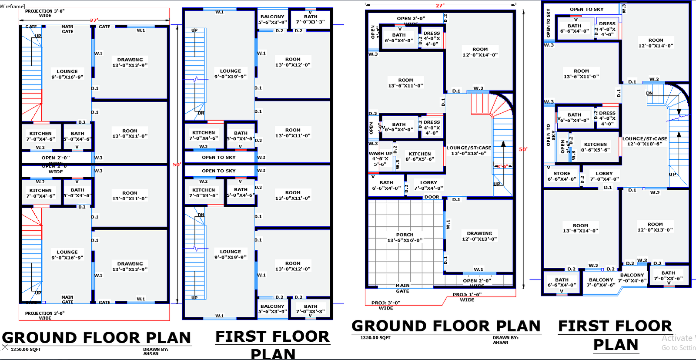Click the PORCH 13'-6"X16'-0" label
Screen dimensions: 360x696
coord(405,237)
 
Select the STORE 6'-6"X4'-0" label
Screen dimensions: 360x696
coord(562,176)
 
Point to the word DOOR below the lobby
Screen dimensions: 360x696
coord(432,197)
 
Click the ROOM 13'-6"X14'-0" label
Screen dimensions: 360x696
coord(580,228)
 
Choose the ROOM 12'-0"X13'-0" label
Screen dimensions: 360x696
coord(655,227)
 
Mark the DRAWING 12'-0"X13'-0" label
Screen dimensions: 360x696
coord(479,236)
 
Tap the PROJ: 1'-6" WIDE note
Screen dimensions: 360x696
coord(467,297)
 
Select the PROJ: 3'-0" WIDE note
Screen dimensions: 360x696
coord(385,305)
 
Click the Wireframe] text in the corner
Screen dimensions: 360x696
coord(13,6)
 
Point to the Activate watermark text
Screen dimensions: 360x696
coord(678,338)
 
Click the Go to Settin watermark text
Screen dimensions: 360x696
coord(678,348)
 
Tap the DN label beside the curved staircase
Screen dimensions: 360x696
coord(649,93)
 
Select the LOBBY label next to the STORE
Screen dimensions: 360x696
coord(604,176)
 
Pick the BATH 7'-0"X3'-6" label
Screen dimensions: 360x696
coord(668,276)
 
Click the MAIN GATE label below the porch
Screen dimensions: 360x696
coord(402,288)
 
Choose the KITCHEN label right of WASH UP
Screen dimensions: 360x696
coord(420,156)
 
